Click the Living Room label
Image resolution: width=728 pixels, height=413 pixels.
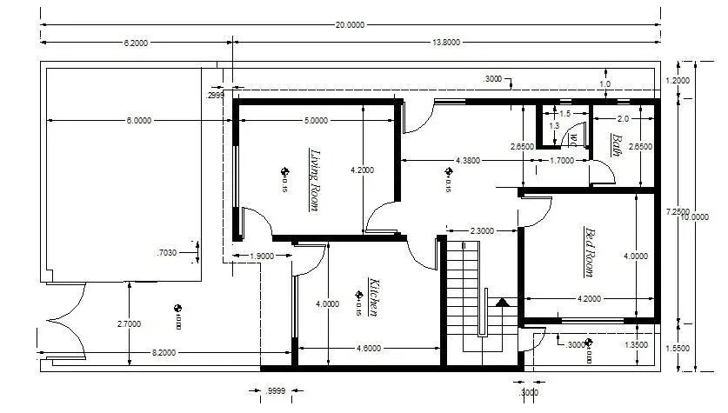point(314,180)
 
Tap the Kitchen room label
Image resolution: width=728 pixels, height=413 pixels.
point(373,297)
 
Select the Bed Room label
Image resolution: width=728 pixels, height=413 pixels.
point(589,252)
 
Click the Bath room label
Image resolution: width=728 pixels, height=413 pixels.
point(616,145)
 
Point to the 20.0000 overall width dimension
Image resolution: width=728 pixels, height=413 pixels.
point(350,25)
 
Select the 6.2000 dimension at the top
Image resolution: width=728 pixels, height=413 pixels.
point(136,42)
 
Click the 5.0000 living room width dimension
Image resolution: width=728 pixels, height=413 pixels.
point(315,120)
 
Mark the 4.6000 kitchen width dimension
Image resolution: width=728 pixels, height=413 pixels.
point(369,349)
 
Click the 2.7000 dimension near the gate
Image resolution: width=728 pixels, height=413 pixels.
point(130,323)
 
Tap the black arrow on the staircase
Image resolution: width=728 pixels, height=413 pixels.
point(501,303)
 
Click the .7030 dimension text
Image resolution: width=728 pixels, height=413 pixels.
point(166,253)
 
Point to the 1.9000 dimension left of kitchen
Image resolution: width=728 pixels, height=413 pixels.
point(262,256)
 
